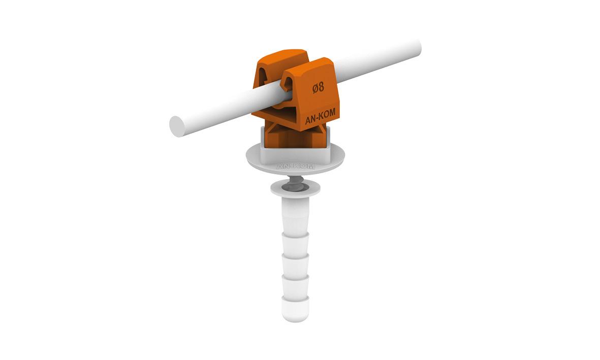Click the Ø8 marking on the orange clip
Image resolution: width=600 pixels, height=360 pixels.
point(318,88)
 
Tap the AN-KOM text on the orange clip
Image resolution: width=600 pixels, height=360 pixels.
point(320,116)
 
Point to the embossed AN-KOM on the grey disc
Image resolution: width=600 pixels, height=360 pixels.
point(295,167)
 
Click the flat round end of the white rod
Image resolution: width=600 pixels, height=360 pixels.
point(177,126)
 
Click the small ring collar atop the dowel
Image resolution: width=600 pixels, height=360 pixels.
point(295,188)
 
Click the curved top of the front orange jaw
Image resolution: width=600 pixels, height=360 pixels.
point(308,65)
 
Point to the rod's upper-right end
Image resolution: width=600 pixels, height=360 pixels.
point(417,48)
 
